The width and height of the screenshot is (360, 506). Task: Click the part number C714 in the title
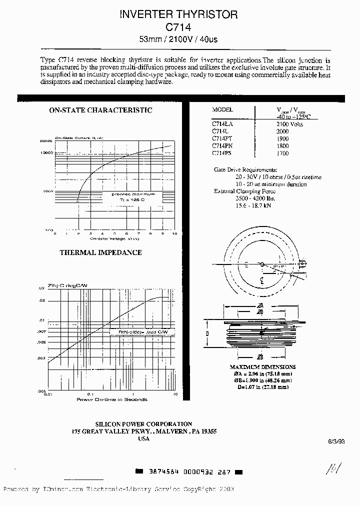[180, 27]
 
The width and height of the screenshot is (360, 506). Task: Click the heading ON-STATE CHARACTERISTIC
[100, 110]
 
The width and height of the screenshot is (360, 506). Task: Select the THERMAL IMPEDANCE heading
[100, 252]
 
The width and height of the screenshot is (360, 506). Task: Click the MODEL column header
[223, 109]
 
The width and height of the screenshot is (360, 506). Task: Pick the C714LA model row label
[223, 123]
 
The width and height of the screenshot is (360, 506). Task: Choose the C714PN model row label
[222, 145]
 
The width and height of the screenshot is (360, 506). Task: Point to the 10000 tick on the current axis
[46, 152]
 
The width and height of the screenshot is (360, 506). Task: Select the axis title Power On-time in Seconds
[111, 399]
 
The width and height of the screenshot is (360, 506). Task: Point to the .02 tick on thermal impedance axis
[41, 300]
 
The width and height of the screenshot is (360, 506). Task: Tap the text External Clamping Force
[245, 191]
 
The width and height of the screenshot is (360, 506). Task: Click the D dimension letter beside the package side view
[208, 332]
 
